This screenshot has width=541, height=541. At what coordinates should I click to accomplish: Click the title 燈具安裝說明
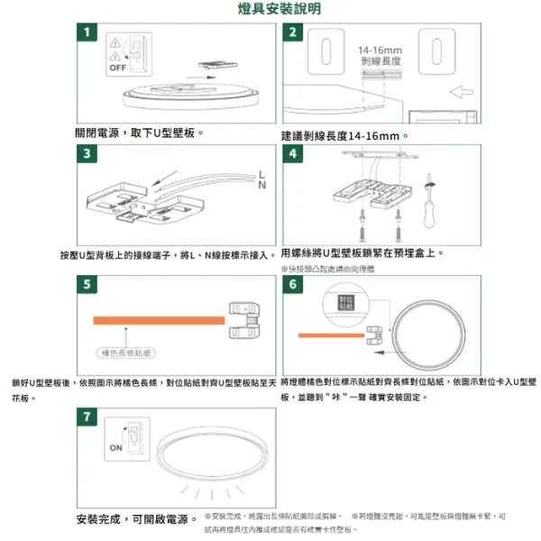tap(270, 9)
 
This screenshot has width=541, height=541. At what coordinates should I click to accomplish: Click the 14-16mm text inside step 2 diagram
tap(380, 50)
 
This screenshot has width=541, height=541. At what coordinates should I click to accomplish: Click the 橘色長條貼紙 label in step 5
tap(124, 352)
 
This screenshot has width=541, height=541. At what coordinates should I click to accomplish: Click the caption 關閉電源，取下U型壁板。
tap(139, 133)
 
